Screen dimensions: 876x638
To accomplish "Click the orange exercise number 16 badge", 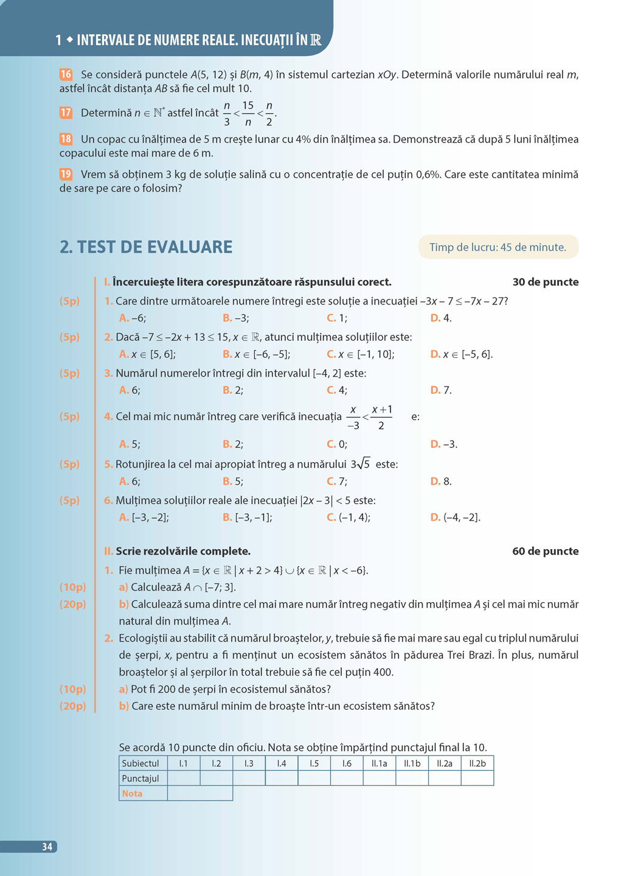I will point(66,74).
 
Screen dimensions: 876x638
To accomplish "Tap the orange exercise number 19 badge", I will point(66,174).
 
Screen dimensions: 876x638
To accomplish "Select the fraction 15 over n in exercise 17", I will point(248,113).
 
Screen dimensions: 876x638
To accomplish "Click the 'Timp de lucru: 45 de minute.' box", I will point(498,247).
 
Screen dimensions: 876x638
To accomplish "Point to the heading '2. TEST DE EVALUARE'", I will point(146,247).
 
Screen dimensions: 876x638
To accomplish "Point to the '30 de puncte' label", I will point(546,282).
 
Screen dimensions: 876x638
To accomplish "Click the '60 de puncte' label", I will point(546,551).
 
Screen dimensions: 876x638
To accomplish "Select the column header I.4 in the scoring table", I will point(282,763).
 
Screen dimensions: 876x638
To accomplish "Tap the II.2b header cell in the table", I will point(477,763).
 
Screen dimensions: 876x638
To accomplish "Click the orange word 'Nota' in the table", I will point(132,794).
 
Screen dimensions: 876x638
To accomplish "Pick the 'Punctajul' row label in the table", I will point(140,779).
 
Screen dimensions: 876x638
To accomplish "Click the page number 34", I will point(47,847).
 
